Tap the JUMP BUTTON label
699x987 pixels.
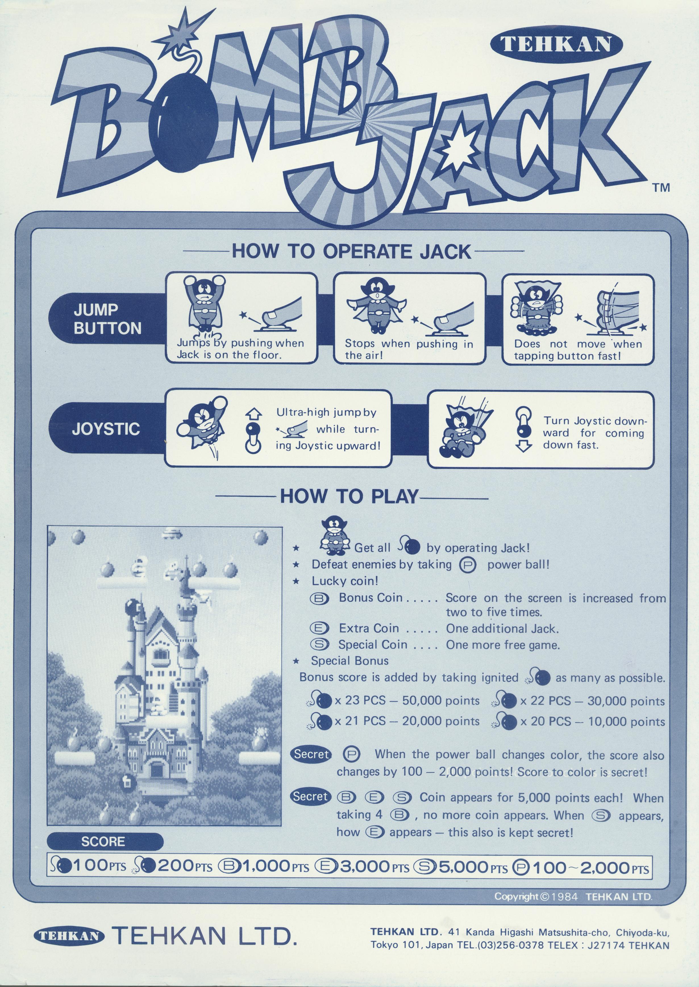tap(107, 319)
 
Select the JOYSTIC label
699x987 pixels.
tap(106, 429)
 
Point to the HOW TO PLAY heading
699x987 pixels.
tap(349, 496)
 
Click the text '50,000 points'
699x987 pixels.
tap(441, 701)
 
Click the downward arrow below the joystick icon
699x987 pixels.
tap(523, 447)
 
